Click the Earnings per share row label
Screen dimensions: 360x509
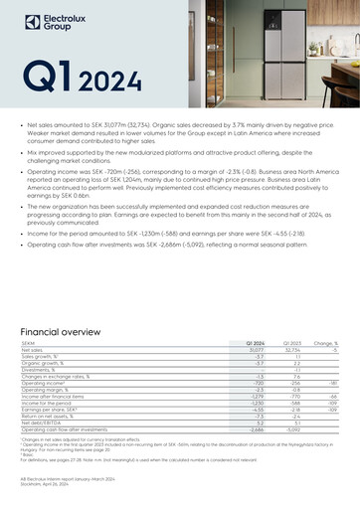click(x=51, y=408)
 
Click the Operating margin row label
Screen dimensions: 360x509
click(x=44, y=386)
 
